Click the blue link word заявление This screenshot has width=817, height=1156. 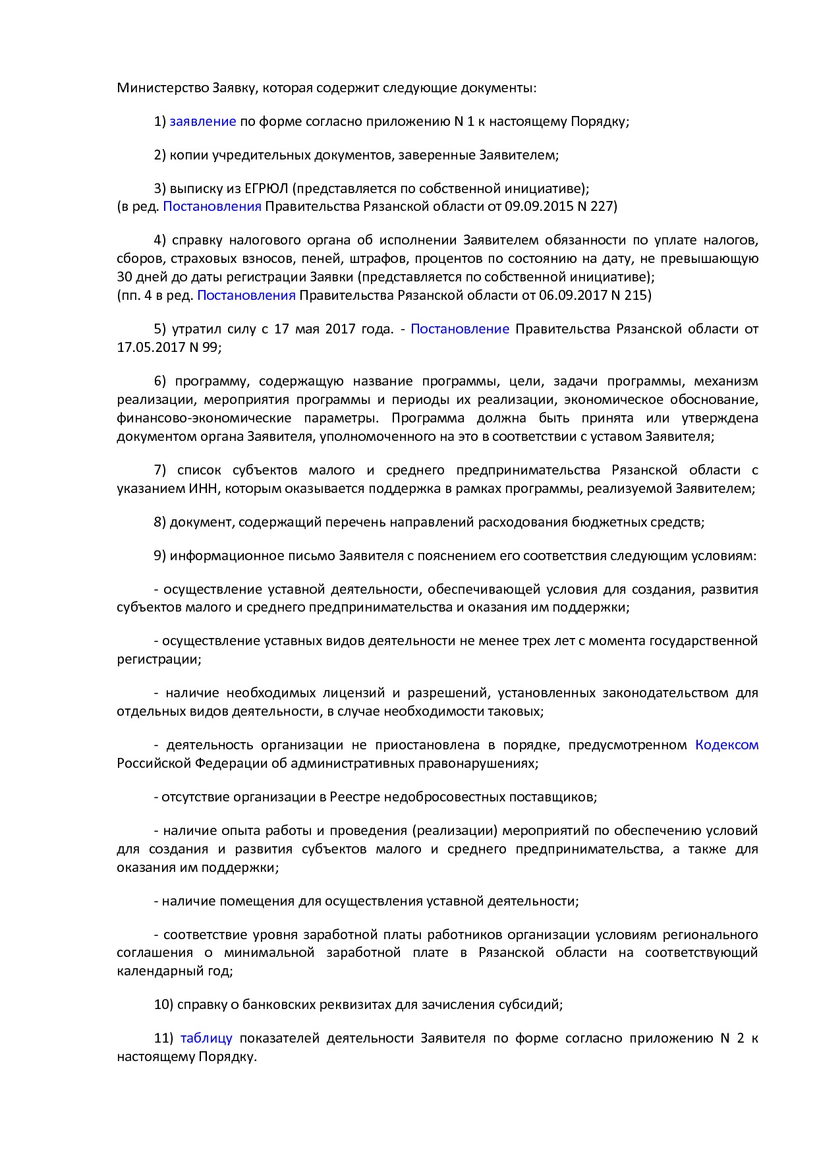click(203, 121)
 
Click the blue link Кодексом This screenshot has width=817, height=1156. click(727, 745)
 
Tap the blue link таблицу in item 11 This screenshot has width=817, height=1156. click(206, 1038)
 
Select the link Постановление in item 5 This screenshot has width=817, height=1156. click(460, 328)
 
